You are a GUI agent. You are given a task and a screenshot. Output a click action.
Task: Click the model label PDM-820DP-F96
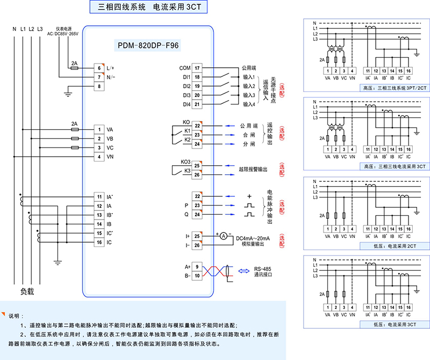[148, 46]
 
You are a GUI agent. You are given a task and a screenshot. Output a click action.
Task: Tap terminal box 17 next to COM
[197, 68]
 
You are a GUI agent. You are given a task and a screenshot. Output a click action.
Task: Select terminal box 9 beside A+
[197, 266]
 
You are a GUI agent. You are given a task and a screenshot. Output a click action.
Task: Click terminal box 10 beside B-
[197, 276]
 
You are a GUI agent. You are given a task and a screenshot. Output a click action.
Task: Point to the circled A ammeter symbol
[223, 236]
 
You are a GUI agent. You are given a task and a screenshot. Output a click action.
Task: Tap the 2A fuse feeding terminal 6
[75, 68]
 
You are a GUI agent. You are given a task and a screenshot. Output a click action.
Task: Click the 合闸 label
[248, 135]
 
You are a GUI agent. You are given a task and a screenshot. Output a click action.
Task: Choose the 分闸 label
[248, 144]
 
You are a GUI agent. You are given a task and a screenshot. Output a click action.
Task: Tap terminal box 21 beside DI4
[197, 104]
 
